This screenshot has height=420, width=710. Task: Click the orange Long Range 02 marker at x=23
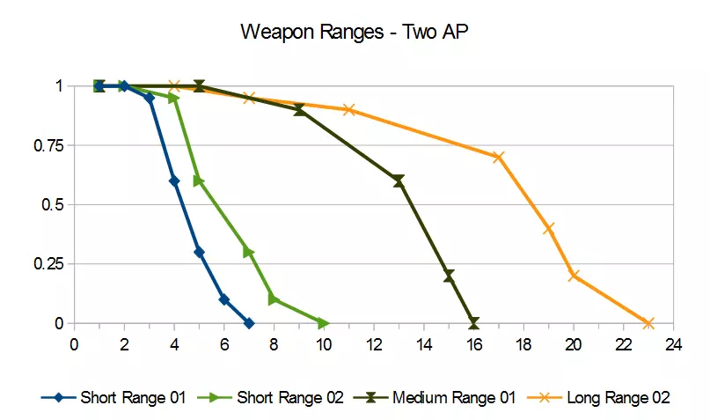click(648, 323)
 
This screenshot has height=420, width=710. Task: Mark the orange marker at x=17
click(499, 158)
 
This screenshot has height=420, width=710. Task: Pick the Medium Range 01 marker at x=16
click(474, 323)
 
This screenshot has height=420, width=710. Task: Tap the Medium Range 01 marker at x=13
click(399, 181)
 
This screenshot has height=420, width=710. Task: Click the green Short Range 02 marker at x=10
click(324, 323)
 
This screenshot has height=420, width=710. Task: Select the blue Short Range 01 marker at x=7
click(249, 323)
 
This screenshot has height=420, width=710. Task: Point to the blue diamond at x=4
click(174, 181)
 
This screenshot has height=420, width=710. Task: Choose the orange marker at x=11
click(349, 110)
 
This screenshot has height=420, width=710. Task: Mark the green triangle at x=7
click(249, 252)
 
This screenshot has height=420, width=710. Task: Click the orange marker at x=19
click(549, 228)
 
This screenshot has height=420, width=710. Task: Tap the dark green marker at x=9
click(299, 110)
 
